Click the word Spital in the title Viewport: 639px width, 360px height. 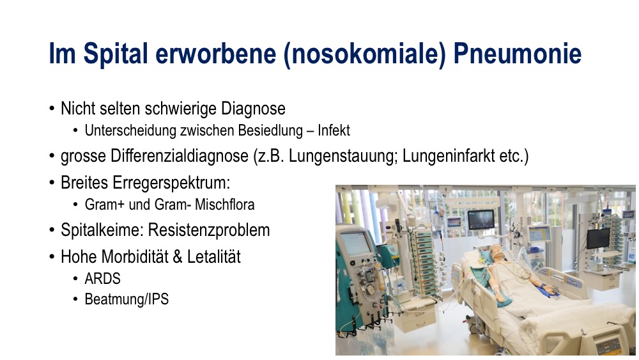click(x=115, y=54)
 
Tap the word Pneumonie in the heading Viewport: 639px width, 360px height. click(x=517, y=54)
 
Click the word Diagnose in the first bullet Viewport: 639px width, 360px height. click(x=253, y=109)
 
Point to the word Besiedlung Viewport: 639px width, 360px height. click(x=270, y=130)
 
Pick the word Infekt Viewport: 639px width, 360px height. click(x=334, y=130)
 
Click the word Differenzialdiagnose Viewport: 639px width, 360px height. click(x=180, y=156)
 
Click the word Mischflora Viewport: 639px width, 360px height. click(x=224, y=204)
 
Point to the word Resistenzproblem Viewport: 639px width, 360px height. click(x=209, y=230)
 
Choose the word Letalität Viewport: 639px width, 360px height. click(x=214, y=257)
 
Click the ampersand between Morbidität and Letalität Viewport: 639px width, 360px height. click(x=178, y=257)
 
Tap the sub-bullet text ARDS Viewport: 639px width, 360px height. click(x=103, y=279)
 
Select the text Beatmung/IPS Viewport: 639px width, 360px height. click(x=127, y=299)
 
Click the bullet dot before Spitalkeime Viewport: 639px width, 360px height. click(x=52, y=230)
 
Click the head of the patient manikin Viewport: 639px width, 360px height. click(x=496, y=252)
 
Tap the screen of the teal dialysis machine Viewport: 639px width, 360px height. click(x=355, y=244)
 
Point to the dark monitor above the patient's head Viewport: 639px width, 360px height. click(x=481, y=219)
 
